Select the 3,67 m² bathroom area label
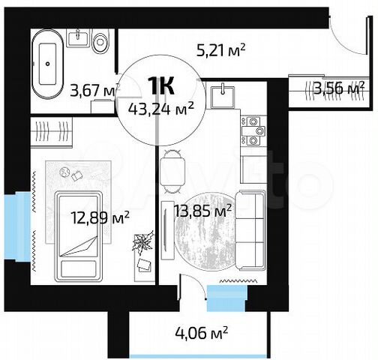94,91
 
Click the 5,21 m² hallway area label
221,50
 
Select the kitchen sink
221,94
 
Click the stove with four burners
253,129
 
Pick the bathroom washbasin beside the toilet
78,37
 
